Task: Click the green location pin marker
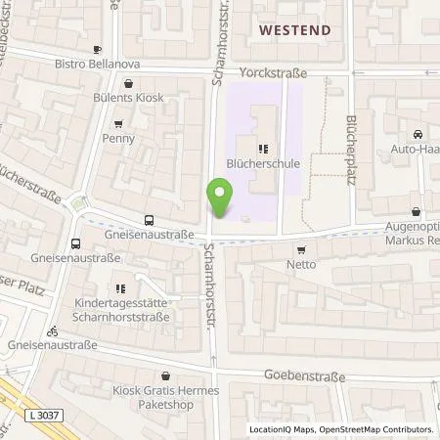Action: click(220, 199)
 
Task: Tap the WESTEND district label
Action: click(294, 30)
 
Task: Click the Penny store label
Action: click(118, 139)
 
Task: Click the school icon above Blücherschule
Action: click(262, 150)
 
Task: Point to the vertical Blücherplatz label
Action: click(349, 144)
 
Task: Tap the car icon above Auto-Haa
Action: click(418, 134)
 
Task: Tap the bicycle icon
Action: click(52, 330)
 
